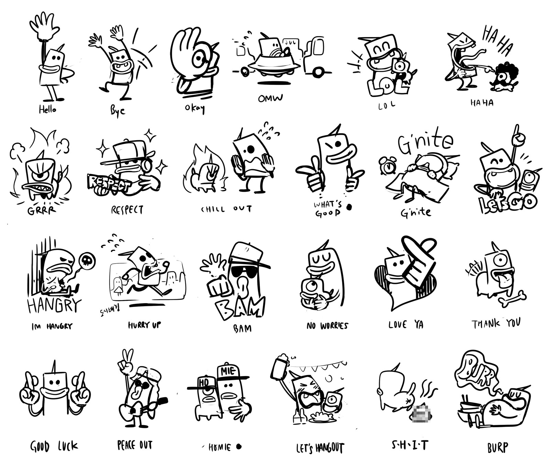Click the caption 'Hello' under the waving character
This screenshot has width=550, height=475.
(x=47, y=110)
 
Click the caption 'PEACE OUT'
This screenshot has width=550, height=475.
(x=134, y=445)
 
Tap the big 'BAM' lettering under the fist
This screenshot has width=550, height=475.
(x=240, y=307)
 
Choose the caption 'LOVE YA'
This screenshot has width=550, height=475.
(x=406, y=324)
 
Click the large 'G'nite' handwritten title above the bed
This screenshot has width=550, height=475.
(x=425, y=142)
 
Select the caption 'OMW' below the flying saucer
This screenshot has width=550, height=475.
(x=270, y=98)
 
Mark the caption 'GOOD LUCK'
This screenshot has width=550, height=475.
(x=54, y=447)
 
